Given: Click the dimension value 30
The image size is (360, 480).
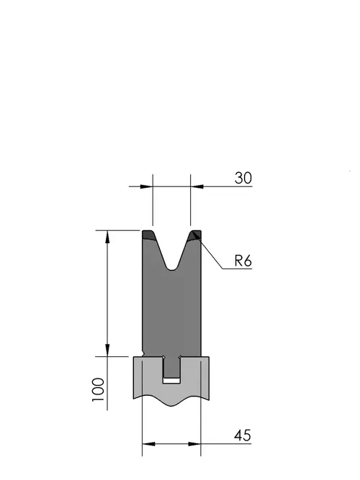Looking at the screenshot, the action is (243, 178).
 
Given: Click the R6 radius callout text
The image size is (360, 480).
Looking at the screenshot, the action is (243, 261).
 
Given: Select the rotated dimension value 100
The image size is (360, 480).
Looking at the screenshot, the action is (98, 390).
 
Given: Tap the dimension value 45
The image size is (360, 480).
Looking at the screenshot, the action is (243, 435).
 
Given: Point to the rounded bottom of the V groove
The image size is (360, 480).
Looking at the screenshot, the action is (172, 268).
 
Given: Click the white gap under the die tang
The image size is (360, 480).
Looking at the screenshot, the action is (171, 381).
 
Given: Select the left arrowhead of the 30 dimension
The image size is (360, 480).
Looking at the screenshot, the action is (146, 186).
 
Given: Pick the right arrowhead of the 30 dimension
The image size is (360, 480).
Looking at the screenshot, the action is (197, 186).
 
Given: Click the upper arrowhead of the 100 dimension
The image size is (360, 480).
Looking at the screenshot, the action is (107, 237).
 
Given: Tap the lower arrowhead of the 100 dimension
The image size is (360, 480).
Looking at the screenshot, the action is (107, 350).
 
